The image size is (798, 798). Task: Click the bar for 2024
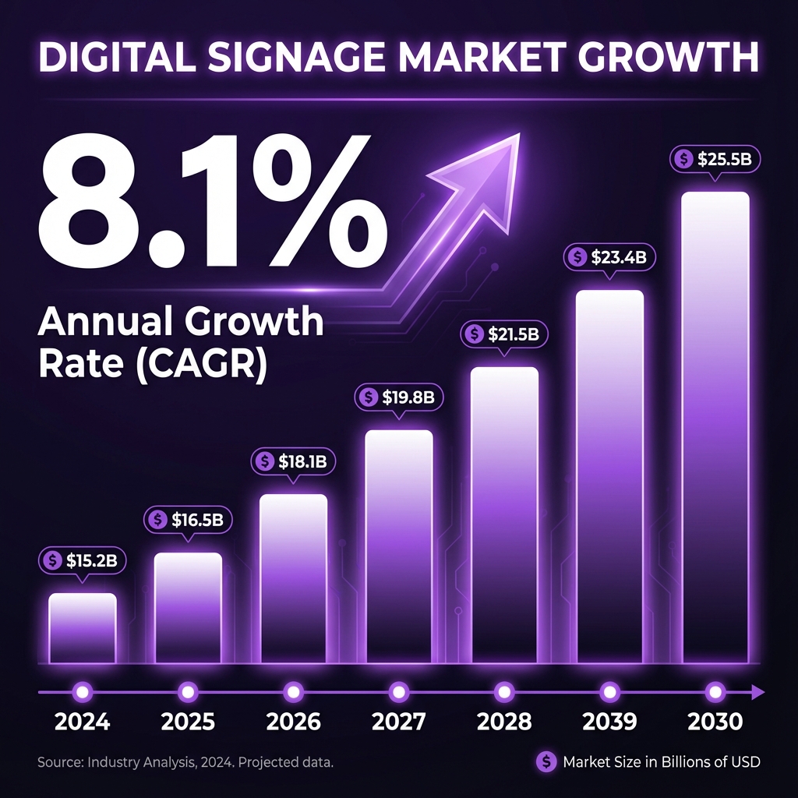point(83,628)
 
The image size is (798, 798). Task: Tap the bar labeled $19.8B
point(399,546)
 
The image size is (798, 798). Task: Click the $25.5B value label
point(715,160)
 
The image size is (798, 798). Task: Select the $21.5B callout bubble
point(505,334)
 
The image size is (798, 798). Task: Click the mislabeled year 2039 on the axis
point(610,721)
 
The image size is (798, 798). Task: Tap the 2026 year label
point(293,721)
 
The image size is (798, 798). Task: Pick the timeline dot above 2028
point(504,690)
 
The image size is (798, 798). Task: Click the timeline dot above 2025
point(188,690)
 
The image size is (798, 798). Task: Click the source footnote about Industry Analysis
point(185,762)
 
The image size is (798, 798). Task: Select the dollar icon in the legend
point(547,762)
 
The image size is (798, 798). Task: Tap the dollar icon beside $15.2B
point(53,560)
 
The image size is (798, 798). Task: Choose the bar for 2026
point(293,578)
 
